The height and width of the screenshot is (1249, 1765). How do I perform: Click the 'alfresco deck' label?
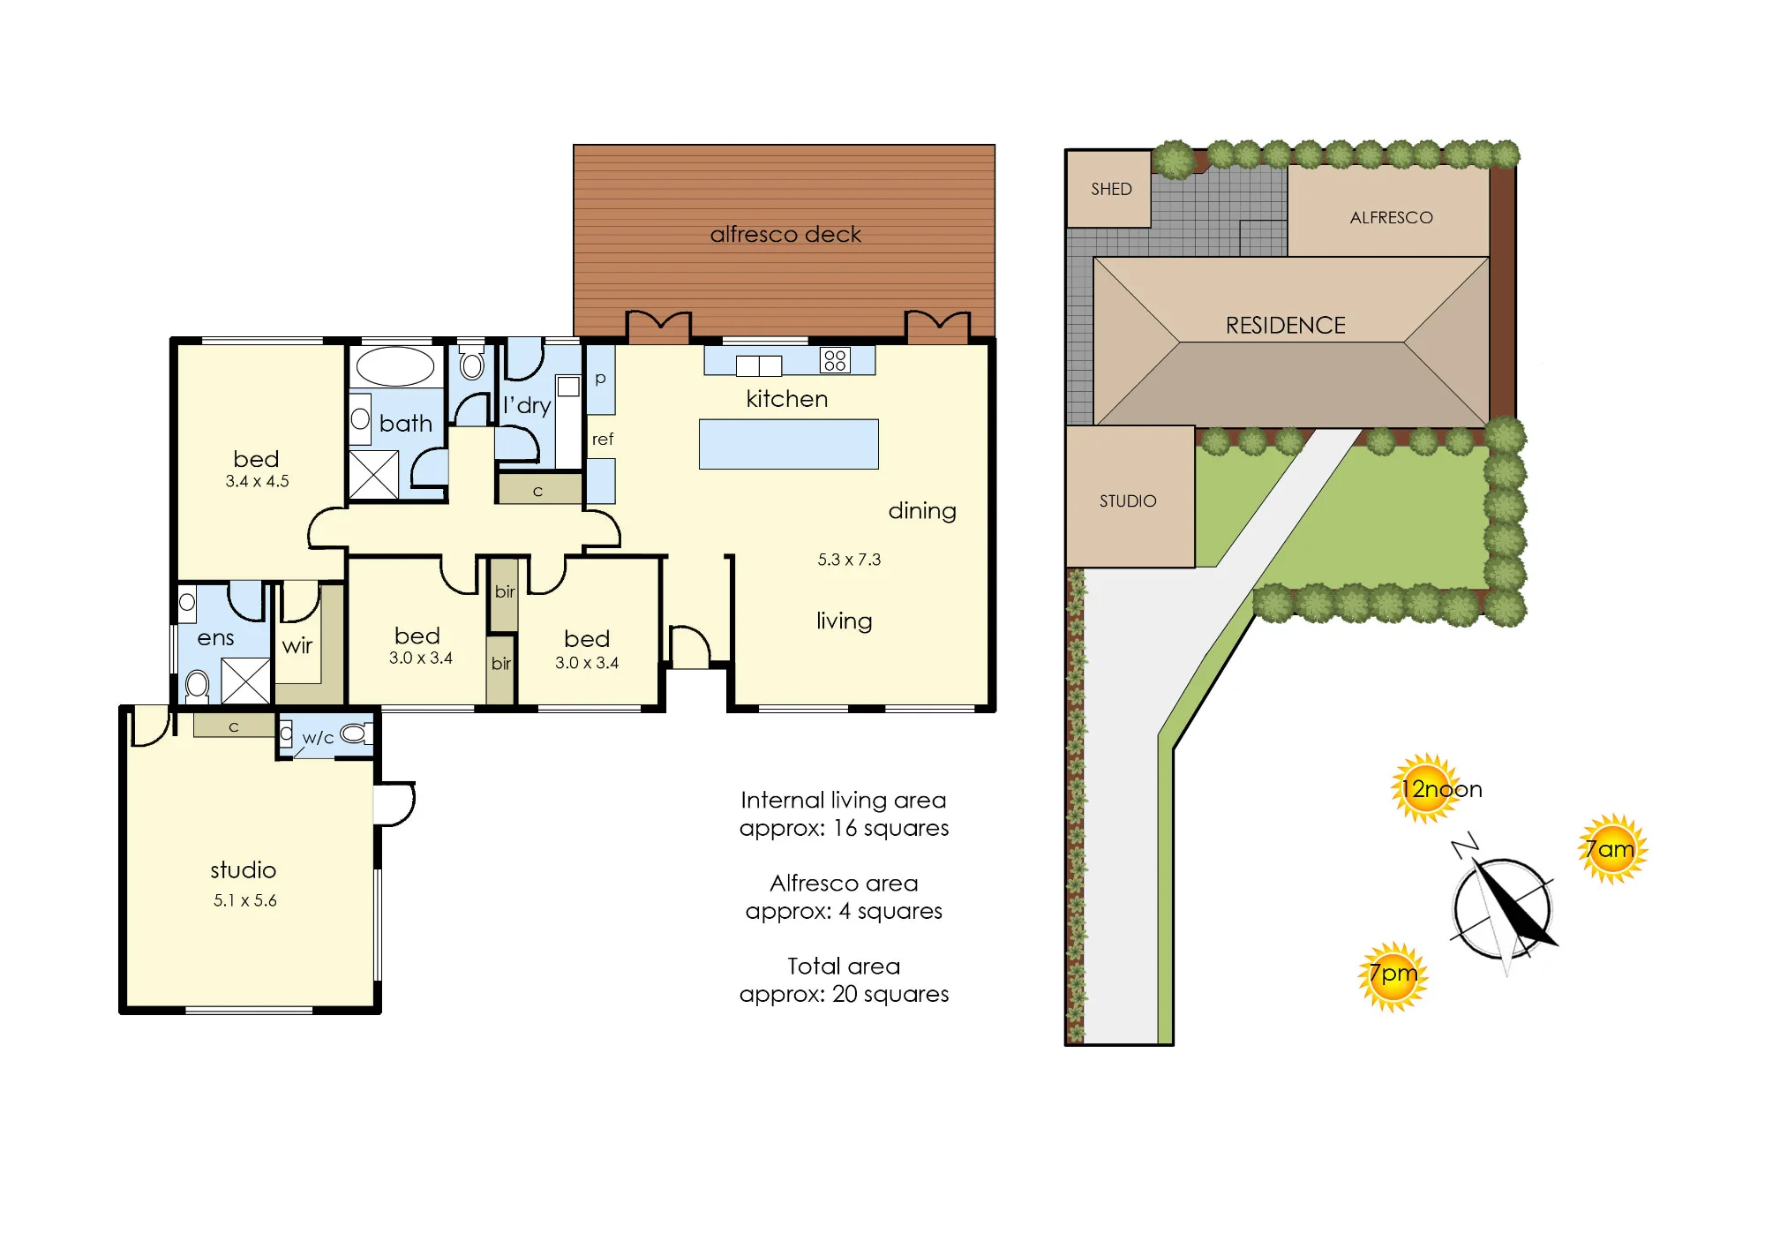(x=785, y=234)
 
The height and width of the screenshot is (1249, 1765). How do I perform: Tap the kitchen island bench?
(x=789, y=444)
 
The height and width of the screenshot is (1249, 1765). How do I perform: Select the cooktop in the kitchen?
(x=835, y=360)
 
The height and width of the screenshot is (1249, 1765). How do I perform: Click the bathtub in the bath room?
(x=394, y=366)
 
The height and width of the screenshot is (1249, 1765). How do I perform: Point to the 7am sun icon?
(x=1612, y=849)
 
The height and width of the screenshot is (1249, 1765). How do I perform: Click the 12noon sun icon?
(x=1425, y=788)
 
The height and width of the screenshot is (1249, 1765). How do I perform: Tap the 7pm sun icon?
(x=1393, y=976)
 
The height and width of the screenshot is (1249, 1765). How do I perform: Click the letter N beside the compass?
(x=1465, y=845)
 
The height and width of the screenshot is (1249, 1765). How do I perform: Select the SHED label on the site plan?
(x=1111, y=189)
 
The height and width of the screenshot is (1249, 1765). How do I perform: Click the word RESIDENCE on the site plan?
(x=1286, y=326)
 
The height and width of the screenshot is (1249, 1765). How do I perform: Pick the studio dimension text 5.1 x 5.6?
(x=245, y=900)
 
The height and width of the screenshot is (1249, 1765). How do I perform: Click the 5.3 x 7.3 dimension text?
(x=849, y=560)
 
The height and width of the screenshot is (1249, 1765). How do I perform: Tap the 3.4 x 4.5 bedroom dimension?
(x=257, y=481)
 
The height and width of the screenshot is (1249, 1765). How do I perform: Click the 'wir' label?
(x=297, y=645)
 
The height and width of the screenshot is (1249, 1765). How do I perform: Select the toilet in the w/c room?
(x=355, y=734)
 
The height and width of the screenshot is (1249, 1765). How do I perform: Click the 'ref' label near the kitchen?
(x=603, y=439)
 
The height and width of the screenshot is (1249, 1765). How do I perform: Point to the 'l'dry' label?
(x=527, y=404)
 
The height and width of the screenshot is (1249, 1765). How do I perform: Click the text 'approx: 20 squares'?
(x=845, y=994)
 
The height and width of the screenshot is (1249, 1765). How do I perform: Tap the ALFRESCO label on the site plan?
(x=1392, y=218)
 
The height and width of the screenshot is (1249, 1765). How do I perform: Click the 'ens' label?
(x=215, y=638)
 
